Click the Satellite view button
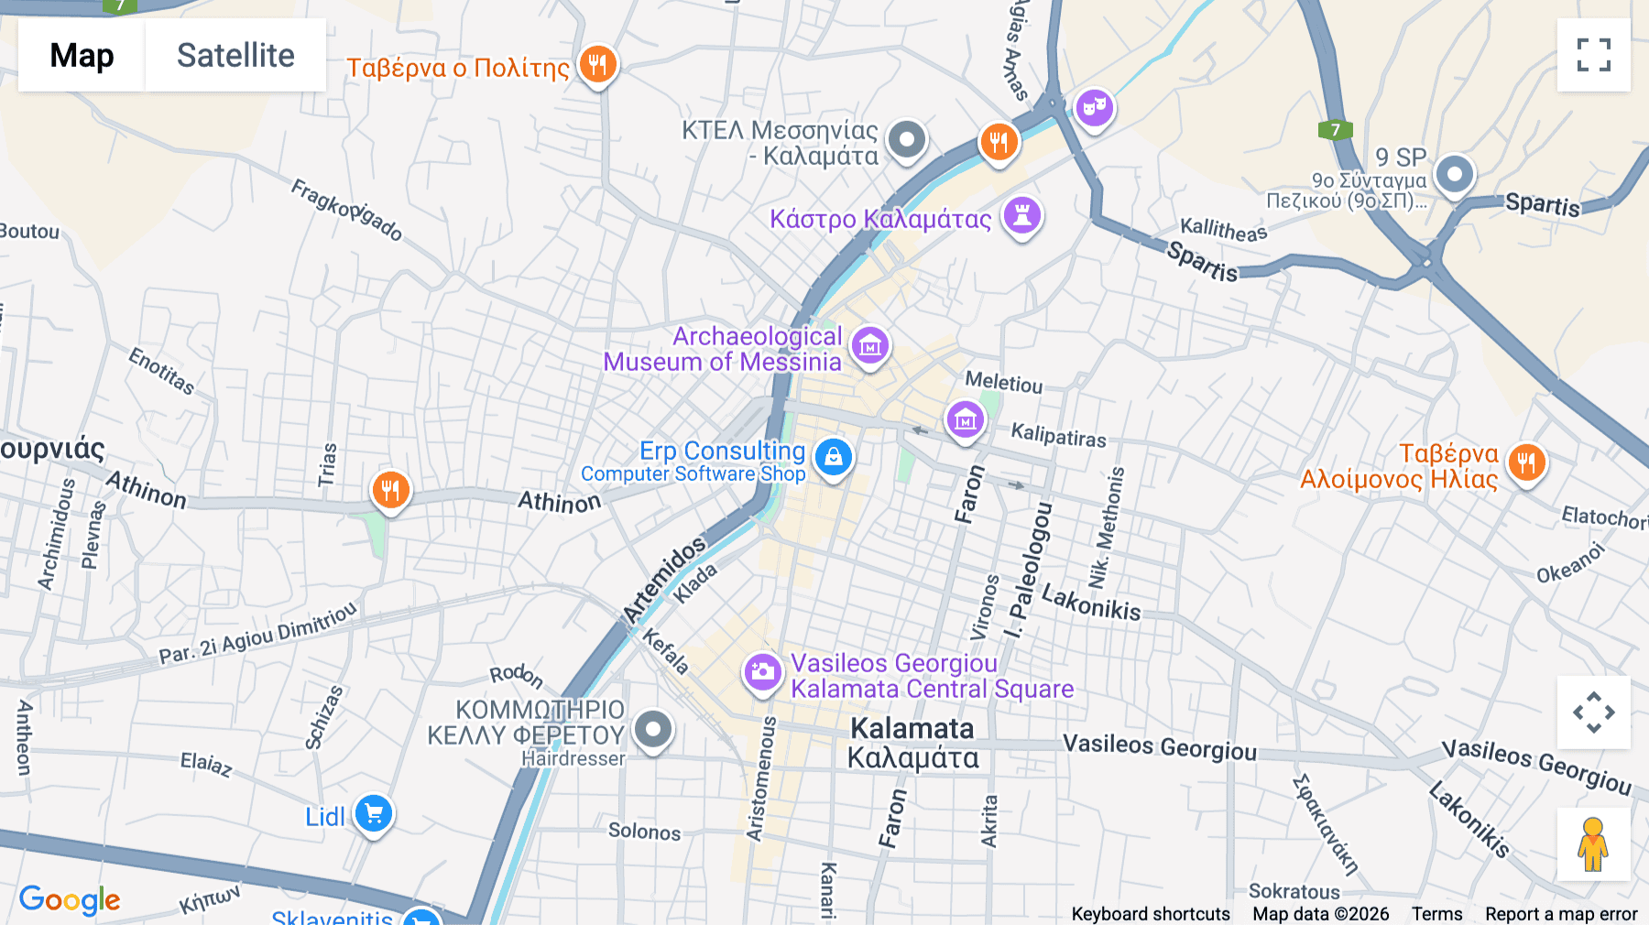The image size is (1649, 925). point(235,55)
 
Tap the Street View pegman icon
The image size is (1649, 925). point(1592,844)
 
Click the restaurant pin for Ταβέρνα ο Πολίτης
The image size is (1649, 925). point(597,65)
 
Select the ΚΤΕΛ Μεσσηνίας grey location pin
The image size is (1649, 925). point(907,140)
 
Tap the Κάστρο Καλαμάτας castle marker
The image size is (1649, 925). point(1022,216)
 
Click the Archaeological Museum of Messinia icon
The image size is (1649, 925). point(870,346)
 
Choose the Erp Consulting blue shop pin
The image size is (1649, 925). point(833,457)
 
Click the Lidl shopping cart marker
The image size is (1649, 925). point(374,813)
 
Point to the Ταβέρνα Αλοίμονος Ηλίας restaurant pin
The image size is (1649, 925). point(1525,462)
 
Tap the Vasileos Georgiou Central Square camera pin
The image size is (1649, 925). point(762,673)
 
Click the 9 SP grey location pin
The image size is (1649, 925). point(1454,173)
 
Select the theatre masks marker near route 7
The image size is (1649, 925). point(1094,108)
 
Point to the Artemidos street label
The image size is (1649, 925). point(664,578)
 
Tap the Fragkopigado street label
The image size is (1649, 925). point(346,211)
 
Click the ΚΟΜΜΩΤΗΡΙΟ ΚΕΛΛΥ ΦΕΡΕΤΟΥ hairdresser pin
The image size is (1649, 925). point(653,730)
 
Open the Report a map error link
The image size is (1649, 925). point(1560,914)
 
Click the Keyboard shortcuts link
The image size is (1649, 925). point(1151,914)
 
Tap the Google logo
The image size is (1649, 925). point(70,899)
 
